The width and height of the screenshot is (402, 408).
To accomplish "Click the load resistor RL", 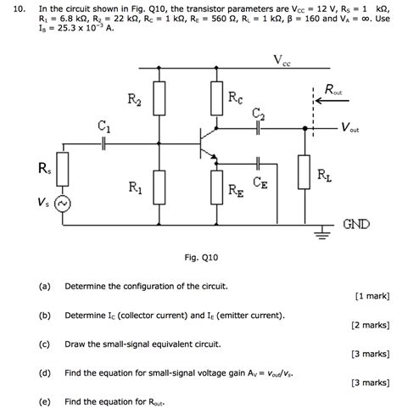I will point(303,172).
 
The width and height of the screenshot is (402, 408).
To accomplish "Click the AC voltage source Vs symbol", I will point(60,204).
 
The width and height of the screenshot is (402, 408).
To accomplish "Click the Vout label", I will point(349,129).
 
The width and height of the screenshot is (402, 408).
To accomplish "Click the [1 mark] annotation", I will point(372,296).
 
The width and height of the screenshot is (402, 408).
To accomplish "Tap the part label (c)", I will point(44,344).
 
